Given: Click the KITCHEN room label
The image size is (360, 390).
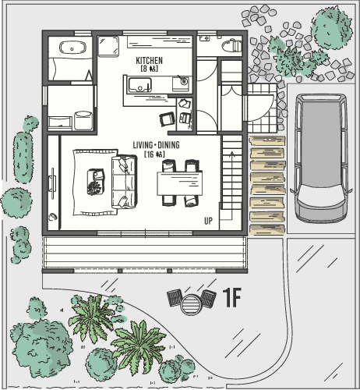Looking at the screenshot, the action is click(149, 61).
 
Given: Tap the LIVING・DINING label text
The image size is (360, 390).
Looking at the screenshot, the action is click(156, 145).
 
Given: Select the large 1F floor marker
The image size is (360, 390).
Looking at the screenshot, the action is click(232, 297).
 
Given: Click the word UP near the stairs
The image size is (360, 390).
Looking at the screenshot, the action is click(208, 221).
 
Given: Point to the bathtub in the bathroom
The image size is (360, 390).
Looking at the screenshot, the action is click(72, 48).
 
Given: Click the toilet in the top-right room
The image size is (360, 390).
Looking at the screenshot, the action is click(231, 45).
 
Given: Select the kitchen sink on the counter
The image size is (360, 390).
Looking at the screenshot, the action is click(139, 85).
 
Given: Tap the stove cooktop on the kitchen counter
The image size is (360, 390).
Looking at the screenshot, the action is click(181, 83).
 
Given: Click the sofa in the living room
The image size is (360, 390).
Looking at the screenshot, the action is click(124, 181).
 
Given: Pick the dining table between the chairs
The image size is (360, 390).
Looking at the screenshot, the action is click(179, 183).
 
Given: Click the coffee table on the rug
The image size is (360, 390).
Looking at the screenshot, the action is click(96, 182).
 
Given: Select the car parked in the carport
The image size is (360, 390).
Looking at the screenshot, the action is click(321, 158).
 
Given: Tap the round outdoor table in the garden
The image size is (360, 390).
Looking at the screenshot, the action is click(192, 304).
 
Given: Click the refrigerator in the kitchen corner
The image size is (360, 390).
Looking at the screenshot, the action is click(108, 46).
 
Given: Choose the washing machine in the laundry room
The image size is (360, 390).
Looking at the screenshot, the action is click(83, 120).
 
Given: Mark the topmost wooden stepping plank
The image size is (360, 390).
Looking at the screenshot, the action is click(267, 141).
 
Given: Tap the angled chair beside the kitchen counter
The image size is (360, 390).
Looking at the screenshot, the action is click(167, 119).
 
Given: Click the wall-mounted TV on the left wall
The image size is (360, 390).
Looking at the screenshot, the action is click(52, 183).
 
